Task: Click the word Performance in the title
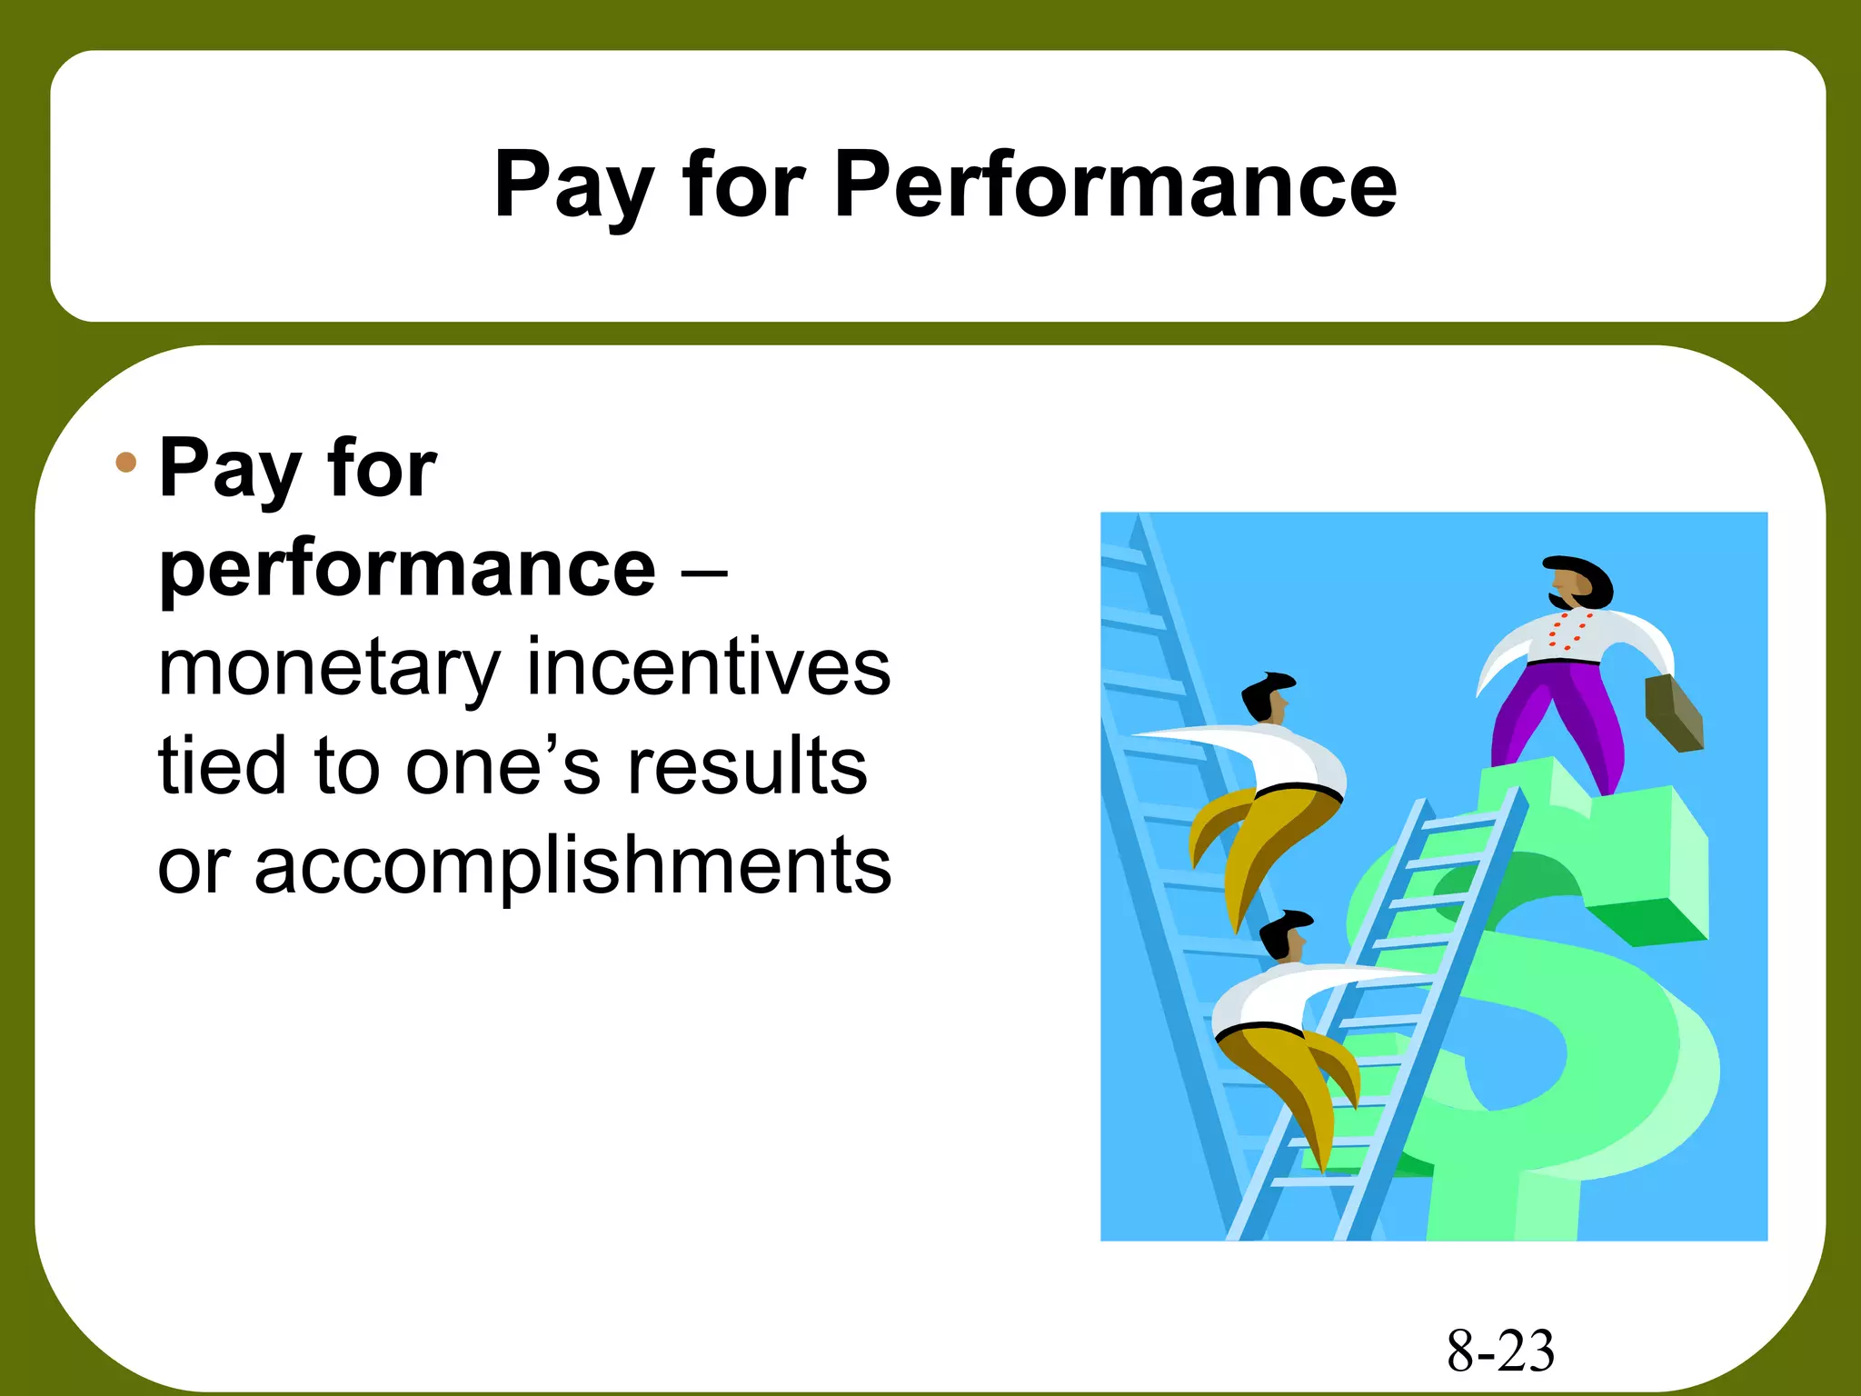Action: tap(1115, 184)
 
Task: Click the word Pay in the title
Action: tap(572, 186)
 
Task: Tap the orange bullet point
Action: tap(126, 463)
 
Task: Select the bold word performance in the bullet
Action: tap(407, 571)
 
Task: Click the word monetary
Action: tap(329, 669)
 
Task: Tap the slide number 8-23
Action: tap(1500, 1351)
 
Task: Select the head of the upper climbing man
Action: tap(1268, 698)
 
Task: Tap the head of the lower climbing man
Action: tap(1285, 935)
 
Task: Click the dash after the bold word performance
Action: tap(702, 573)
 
